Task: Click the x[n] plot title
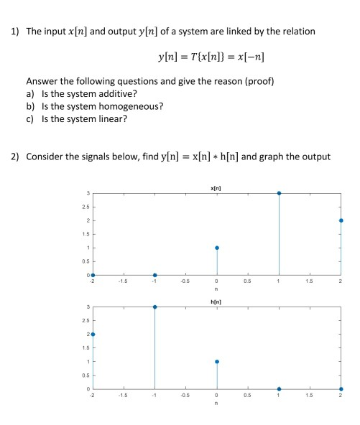pyautogui.click(x=217, y=187)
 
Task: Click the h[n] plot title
pyautogui.click(x=217, y=302)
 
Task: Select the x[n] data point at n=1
pyautogui.click(x=279, y=193)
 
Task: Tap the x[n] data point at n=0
pyautogui.click(x=217, y=248)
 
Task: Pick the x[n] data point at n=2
pyautogui.click(x=341, y=220)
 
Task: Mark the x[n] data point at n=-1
pyautogui.click(x=155, y=275)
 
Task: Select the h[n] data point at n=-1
pyautogui.click(x=155, y=307)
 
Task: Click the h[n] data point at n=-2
pyautogui.click(x=93, y=334)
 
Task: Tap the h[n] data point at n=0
pyautogui.click(x=217, y=361)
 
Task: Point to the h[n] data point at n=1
pyautogui.click(x=279, y=388)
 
